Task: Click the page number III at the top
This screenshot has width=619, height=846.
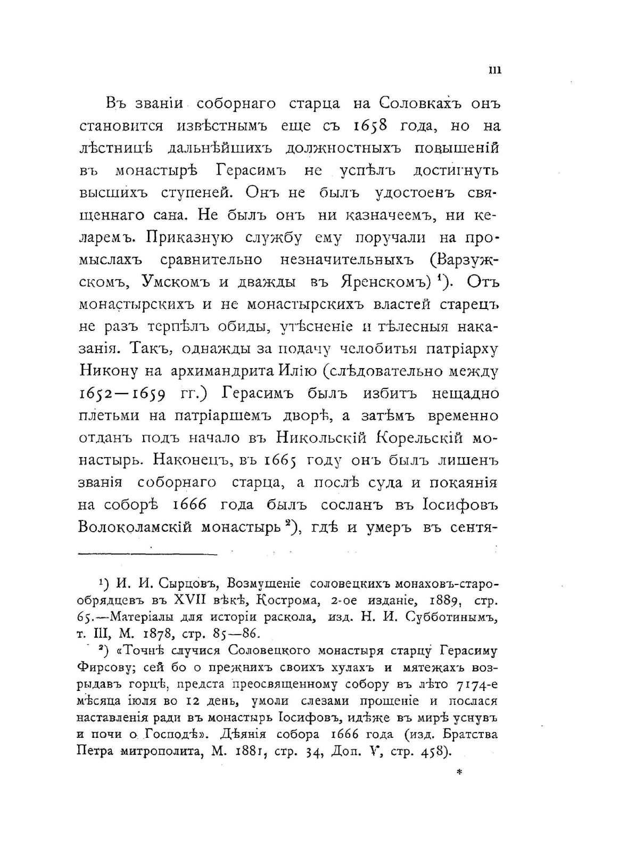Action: (494, 71)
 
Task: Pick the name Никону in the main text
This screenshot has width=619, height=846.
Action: (109, 371)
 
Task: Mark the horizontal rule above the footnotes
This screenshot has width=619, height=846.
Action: (147, 554)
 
